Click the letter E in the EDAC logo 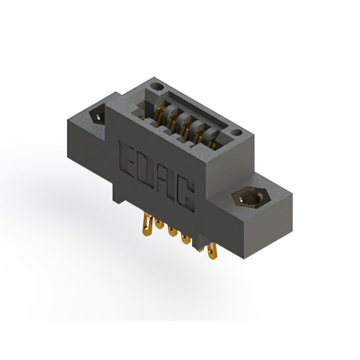click(128, 156)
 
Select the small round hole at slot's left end click(158, 88)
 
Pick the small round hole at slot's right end click(237, 134)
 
